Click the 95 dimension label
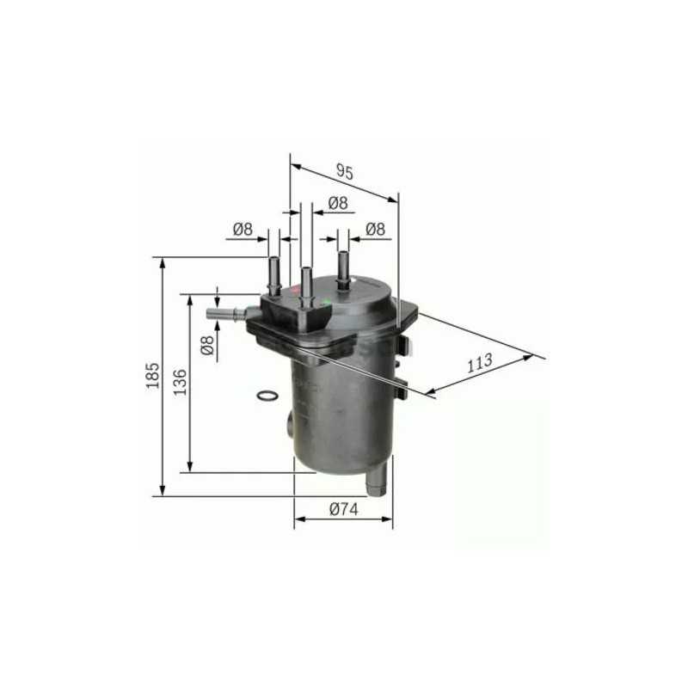point(345,171)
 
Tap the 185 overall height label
point(152,375)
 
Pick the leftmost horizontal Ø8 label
point(243,229)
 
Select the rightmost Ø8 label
point(375,229)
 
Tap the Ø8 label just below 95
point(337,203)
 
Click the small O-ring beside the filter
point(267,396)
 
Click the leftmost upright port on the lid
point(274,275)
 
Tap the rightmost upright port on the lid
point(343,268)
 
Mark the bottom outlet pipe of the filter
point(375,482)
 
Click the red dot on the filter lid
point(297,292)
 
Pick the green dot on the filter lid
point(325,302)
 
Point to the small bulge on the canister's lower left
point(290,424)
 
